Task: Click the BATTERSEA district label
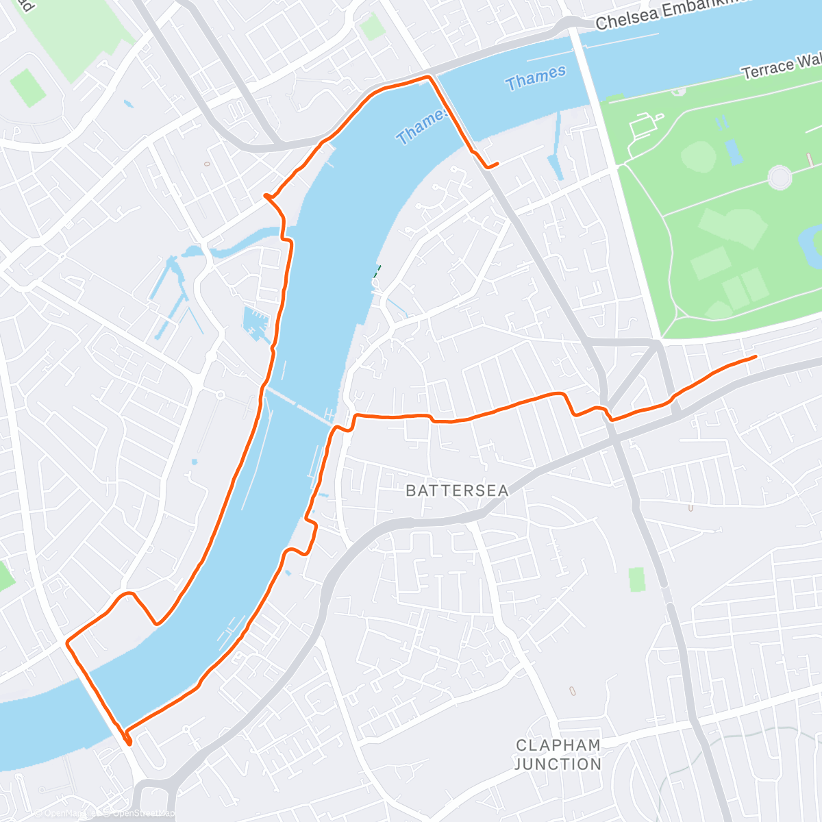tap(457, 490)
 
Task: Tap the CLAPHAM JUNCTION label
tap(558, 754)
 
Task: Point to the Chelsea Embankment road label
tap(668, 16)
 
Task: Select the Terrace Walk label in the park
tap(781, 67)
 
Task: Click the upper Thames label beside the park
tap(536, 78)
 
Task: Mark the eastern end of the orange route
tap(755, 357)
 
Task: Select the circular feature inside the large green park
tap(780, 177)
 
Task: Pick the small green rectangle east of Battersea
tap(637, 579)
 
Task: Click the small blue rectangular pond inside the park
tap(734, 152)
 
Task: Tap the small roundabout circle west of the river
tap(221, 395)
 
